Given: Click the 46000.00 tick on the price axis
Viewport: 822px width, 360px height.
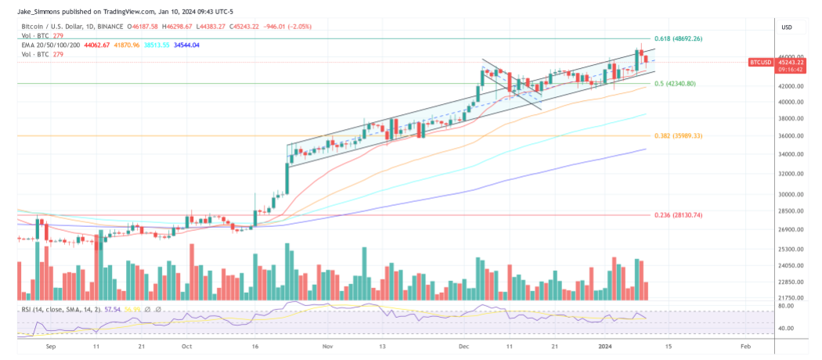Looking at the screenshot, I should pyautogui.click(x=790, y=57).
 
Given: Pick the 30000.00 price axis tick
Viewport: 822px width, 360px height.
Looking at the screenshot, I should pyautogui.click(x=790, y=195).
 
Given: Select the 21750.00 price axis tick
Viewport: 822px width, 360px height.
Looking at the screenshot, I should pyautogui.click(x=790, y=298).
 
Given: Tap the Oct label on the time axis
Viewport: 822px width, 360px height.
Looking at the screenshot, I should pyautogui.click(x=186, y=345).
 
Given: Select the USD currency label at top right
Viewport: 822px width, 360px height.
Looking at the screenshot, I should pyautogui.click(x=787, y=27).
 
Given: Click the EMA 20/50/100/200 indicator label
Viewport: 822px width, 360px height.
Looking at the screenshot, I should pyautogui.click(x=51, y=45).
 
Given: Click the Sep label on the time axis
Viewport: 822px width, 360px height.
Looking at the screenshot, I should pyautogui.click(x=52, y=345).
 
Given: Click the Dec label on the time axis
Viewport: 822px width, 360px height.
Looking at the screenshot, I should pyautogui.click(x=463, y=345).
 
